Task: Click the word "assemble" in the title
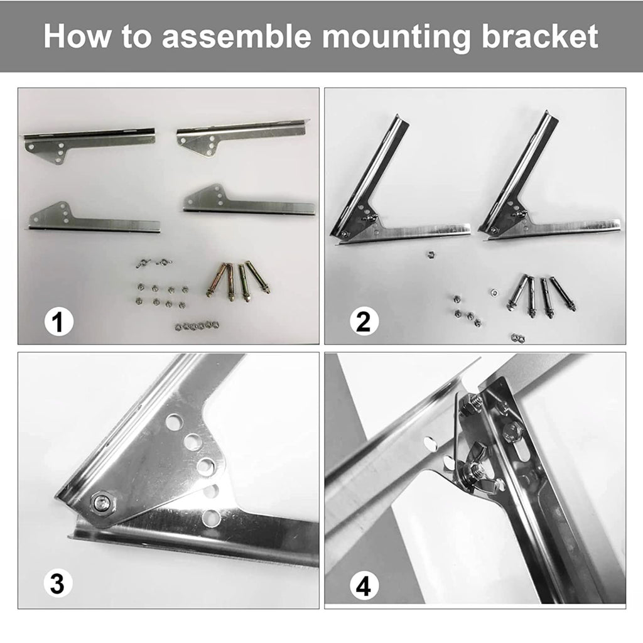(x=237, y=36)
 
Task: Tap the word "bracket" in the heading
(x=539, y=36)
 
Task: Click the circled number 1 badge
(x=58, y=321)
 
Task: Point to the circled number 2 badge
(x=364, y=321)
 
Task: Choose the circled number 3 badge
(x=58, y=583)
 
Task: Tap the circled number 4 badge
(x=364, y=586)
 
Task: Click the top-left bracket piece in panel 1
(x=89, y=144)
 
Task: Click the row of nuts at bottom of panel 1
(x=197, y=326)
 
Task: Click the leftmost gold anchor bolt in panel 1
(x=216, y=281)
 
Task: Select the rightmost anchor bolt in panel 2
(x=563, y=294)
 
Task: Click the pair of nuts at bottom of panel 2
(x=518, y=338)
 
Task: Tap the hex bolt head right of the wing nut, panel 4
(x=511, y=431)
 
